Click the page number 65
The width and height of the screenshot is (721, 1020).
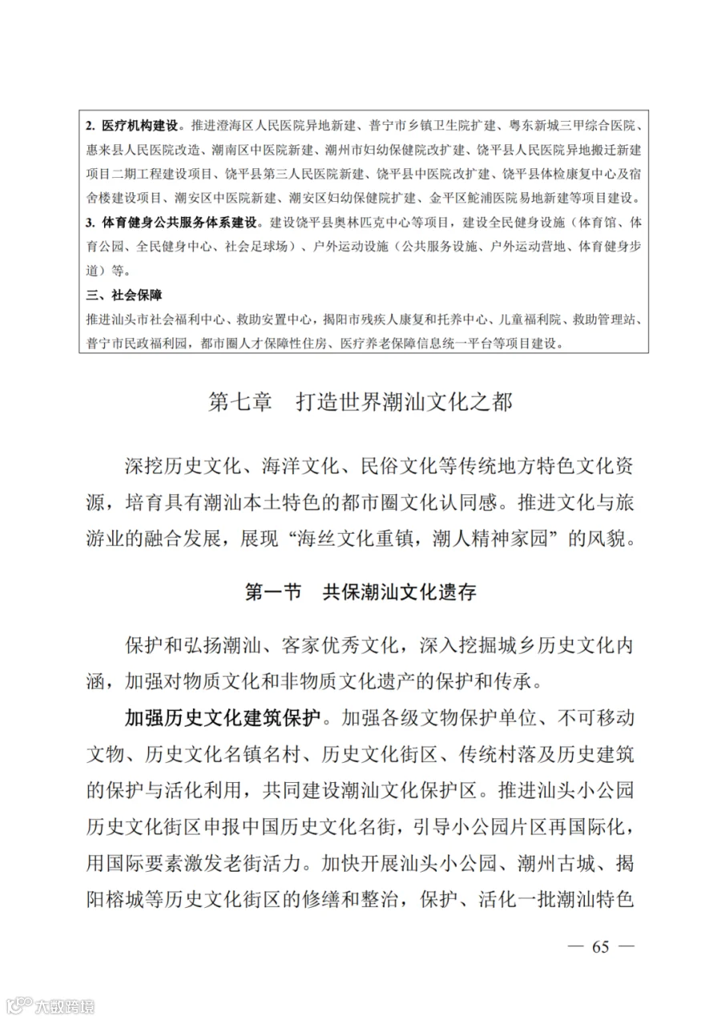click(600, 946)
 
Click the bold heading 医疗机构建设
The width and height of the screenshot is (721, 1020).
click(141, 126)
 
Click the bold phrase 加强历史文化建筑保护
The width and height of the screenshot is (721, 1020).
click(223, 715)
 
